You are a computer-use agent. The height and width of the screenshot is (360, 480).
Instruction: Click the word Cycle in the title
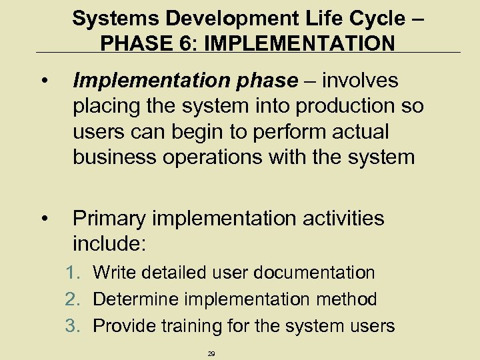tap(378, 18)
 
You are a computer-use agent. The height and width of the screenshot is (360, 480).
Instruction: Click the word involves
tap(360, 81)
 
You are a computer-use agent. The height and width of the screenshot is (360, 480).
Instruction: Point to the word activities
tap(337, 219)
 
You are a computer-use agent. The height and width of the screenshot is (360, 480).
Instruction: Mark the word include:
tap(109, 244)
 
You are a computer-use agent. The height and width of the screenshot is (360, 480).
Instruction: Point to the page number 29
tap(211, 353)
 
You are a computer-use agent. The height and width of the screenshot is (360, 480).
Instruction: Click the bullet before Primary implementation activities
tap(44, 219)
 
